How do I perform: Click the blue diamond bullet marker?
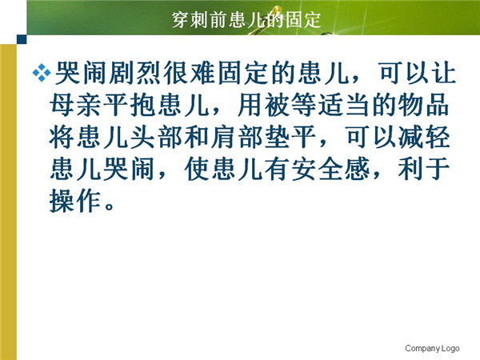tap(42, 73)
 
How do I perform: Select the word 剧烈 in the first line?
tap(135, 73)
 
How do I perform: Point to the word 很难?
tap(189, 73)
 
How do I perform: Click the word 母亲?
tap(76, 105)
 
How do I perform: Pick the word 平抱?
tap(130, 105)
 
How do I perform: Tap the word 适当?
tap(344, 105)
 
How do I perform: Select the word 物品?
tap(424, 105)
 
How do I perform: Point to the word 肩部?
tap(236, 137)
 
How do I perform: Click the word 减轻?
tap(424, 137)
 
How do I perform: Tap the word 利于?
tap(424, 169)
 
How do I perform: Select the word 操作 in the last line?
tap(75, 201)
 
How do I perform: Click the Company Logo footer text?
tap(432, 348)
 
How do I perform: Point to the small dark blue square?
tap(22, 39)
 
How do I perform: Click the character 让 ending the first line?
tap(443, 73)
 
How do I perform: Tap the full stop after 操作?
tap(109, 206)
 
